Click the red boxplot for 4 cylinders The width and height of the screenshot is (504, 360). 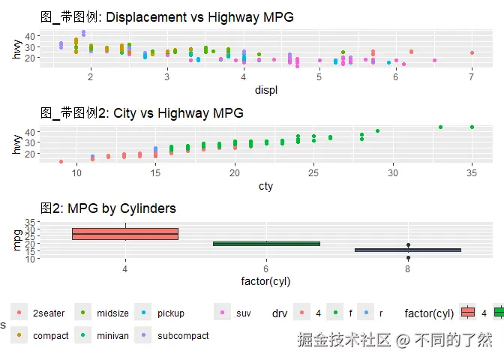click(124, 234)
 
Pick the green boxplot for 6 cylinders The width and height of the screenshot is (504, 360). click(266, 243)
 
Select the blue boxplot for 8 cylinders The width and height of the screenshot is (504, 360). click(408, 250)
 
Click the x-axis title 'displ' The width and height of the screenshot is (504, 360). click(266, 91)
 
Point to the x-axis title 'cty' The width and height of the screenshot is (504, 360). click(265, 186)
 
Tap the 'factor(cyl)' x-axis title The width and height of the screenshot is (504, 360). click(266, 281)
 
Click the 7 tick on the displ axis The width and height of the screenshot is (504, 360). click(472, 77)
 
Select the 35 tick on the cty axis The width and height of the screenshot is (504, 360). click(472, 173)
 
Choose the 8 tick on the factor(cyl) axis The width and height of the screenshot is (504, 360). click(408, 268)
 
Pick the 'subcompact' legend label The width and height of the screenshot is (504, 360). click(183, 336)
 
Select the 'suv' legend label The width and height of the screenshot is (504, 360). click(243, 313)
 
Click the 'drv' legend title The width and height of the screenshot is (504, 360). click(279, 313)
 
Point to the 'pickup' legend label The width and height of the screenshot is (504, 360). click(170, 313)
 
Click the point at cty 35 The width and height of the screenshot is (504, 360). click(472, 127)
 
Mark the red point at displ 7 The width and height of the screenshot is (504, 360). click(472, 53)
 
